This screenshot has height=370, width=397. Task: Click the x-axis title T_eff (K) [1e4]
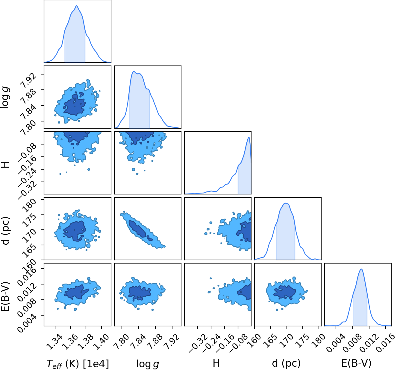(x=78, y=364)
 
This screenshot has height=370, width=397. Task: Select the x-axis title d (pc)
(x=286, y=363)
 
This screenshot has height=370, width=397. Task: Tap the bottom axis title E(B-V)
(x=356, y=363)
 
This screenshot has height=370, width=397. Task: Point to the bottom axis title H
(x=216, y=363)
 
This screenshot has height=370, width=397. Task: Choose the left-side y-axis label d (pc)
(x=6, y=231)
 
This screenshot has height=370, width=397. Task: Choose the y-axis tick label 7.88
(x=28, y=97)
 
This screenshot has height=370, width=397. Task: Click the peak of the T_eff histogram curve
(x=77, y=6)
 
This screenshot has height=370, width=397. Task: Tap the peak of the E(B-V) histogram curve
(x=361, y=269)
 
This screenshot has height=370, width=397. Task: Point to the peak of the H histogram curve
(x=248, y=137)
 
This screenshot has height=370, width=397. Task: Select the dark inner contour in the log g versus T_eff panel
(x=75, y=104)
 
